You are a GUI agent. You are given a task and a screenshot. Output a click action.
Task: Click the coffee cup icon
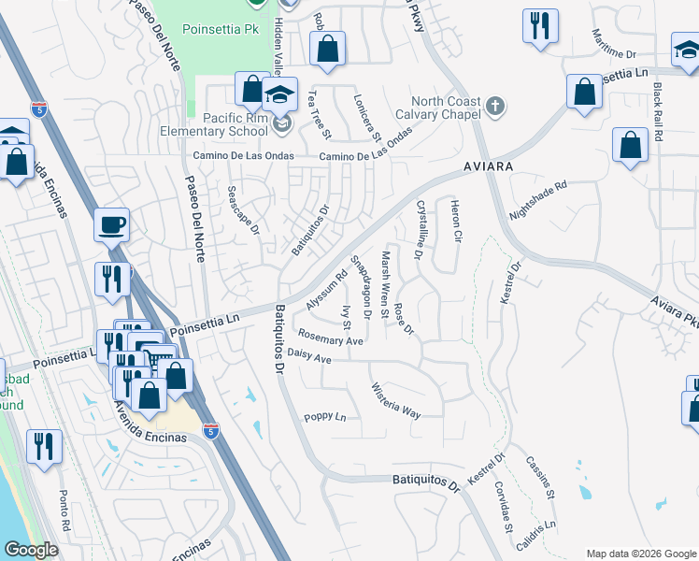(111, 225)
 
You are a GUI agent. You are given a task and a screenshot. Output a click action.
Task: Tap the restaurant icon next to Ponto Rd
(44, 447)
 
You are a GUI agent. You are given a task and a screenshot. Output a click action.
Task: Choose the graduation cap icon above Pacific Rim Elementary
(279, 94)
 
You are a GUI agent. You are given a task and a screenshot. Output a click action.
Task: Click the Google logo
(33, 550)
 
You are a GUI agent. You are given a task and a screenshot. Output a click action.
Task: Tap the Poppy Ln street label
(324, 417)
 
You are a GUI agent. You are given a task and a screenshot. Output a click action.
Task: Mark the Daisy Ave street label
(309, 357)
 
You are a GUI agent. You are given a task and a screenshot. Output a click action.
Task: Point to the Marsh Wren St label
(385, 283)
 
